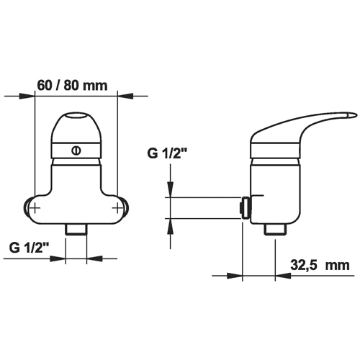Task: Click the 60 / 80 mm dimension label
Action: click(72, 86)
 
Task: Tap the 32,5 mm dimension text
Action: click(320, 266)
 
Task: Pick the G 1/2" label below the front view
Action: click(30, 248)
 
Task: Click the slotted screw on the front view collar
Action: click(76, 150)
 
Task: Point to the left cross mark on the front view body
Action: click(35, 207)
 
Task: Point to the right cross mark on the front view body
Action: click(117, 207)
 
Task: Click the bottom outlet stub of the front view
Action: click(76, 230)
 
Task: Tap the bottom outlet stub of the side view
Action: click(275, 229)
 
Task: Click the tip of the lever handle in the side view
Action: click(356, 115)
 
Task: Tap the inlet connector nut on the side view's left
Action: click(245, 207)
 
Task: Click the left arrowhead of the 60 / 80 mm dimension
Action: click(27, 96)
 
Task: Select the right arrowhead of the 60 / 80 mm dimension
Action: click(125, 96)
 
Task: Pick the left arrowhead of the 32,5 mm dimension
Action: click(235, 276)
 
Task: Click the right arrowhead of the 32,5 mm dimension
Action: click(283, 276)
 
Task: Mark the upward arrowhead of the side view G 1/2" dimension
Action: click(171, 226)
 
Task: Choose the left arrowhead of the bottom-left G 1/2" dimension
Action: click(58, 258)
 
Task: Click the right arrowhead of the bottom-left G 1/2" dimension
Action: click(94, 258)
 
